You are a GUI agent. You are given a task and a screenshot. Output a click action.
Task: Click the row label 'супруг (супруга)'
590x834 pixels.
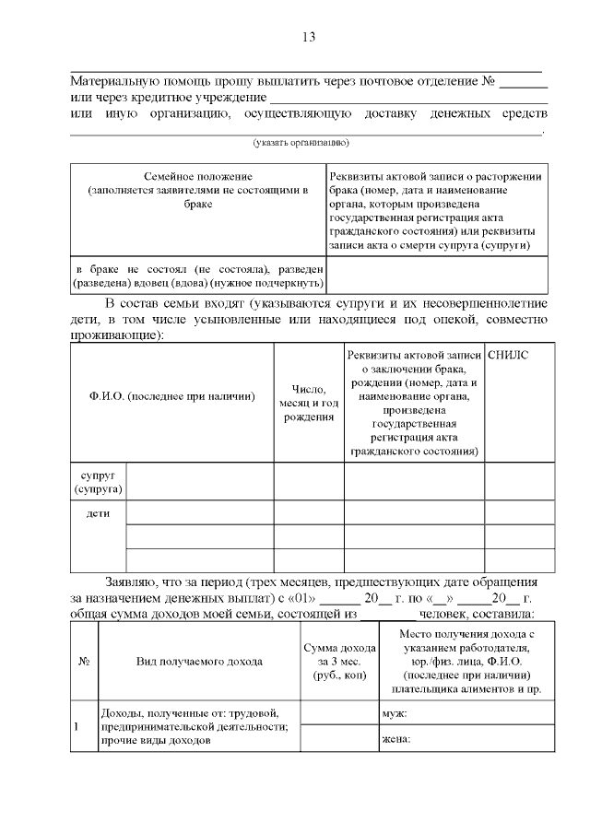99,481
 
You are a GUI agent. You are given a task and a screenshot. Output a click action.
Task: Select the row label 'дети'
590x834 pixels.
99,513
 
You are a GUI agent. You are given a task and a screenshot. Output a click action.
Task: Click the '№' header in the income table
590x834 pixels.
84,661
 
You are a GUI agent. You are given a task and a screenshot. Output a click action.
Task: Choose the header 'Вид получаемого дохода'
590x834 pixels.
199,661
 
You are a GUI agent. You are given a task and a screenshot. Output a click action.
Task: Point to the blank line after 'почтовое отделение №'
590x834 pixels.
524,86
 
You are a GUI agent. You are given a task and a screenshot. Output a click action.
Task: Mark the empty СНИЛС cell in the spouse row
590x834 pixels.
520,481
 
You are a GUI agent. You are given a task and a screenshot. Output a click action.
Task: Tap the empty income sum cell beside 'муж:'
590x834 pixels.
338,713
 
